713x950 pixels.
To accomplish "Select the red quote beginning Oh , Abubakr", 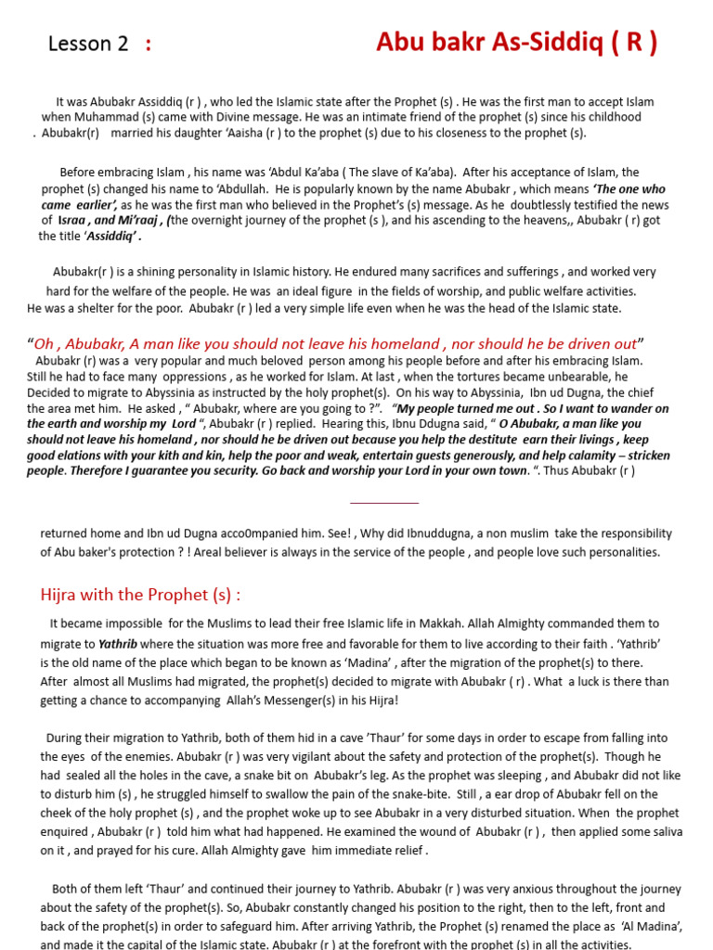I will coord(335,343).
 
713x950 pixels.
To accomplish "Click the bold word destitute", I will coord(487,440).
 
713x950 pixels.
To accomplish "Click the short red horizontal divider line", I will coord(384,503).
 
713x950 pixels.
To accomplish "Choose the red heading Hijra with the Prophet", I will coord(140,595).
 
